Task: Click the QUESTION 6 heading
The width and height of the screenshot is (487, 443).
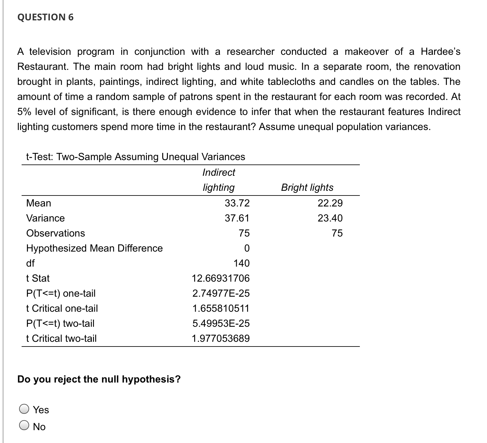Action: click(46, 17)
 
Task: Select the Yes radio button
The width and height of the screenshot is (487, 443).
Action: click(24, 409)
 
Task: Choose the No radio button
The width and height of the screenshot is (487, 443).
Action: click(24, 426)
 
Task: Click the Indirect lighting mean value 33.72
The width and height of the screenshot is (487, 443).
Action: click(237, 203)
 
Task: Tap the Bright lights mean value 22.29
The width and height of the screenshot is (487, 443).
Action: click(330, 203)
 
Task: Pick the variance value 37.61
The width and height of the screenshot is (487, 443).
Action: click(237, 218)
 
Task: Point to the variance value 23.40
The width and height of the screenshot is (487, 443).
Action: click(330, 218)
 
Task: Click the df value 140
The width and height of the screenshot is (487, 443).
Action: click(241, 263)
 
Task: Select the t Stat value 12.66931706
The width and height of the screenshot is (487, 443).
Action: click(221, 278)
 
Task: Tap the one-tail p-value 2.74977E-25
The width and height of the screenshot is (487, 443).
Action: click(221, 293)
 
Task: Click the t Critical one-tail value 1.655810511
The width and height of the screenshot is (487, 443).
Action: click(221, 308)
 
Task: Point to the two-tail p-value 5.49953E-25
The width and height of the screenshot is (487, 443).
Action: click(221, 323)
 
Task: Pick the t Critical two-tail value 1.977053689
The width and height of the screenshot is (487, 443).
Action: click(221, 338)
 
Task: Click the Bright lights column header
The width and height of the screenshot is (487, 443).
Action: click(307, 187)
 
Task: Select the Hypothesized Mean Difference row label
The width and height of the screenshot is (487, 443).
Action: click(94, 248)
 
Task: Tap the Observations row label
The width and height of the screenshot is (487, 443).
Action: click(55, 233)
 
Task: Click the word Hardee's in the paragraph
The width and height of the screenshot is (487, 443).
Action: click(440, 51)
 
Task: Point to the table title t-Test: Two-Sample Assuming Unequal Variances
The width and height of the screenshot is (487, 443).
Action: click(136, 156)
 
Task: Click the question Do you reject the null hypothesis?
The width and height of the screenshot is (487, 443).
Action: click(99, 379)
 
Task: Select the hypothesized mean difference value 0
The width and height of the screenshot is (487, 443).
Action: click(246, 248)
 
